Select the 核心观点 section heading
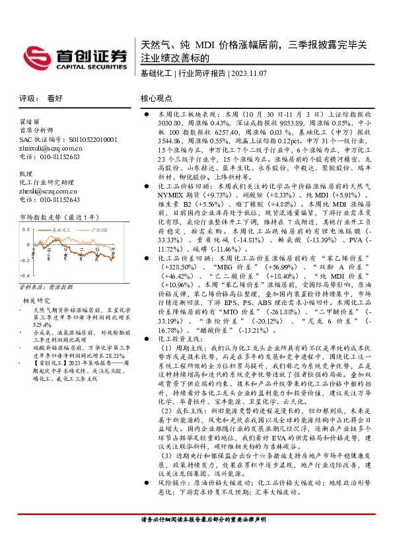(156, 97)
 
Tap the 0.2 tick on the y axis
(25, 228)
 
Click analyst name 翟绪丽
(30, 122)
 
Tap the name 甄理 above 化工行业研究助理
(26, 173)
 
